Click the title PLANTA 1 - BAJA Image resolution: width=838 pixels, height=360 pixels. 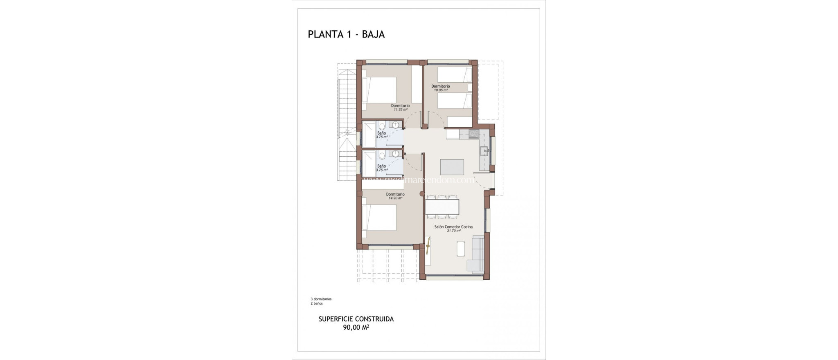pos(346,34)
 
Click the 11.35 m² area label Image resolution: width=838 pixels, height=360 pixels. pos(400,110)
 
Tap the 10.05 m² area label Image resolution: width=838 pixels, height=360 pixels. pos(440,90)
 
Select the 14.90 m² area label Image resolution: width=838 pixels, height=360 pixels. pos(395,198)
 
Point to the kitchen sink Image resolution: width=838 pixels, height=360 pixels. pos(485,151)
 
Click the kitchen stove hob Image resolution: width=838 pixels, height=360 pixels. pos(474,134)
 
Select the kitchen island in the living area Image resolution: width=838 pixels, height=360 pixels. pos(452,167)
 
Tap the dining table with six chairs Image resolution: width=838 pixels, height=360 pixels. pos(442,207)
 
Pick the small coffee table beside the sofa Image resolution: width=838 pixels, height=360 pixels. pos(461,249)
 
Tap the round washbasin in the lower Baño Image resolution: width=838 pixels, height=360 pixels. pos(396,154)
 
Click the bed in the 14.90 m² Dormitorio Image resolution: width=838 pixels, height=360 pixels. pos(379,217)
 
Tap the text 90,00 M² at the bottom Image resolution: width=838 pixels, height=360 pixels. pos(356,328)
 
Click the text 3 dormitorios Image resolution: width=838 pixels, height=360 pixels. pos(321,299)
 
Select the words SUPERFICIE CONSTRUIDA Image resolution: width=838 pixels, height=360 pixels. pos(356,319)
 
